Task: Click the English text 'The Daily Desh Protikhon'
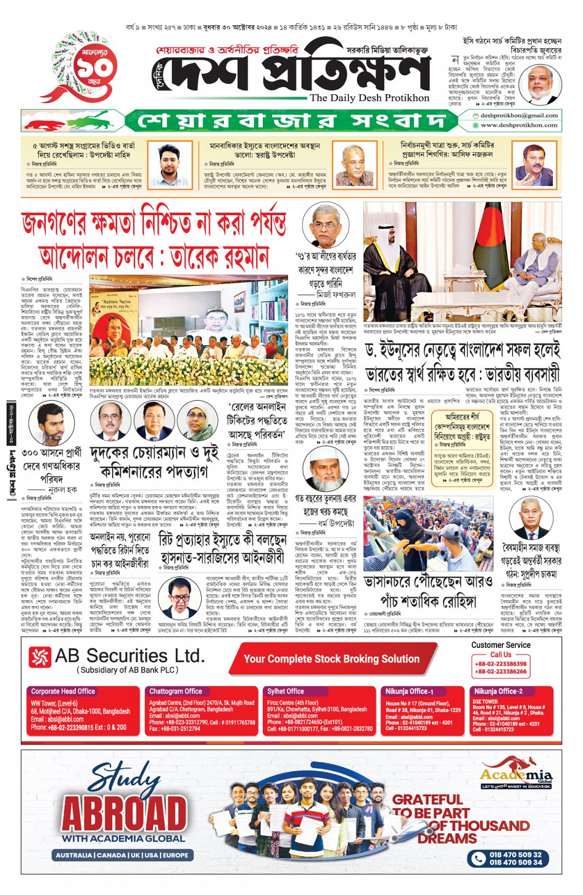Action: pos(370,98)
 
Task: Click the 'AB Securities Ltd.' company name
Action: pos(129,656)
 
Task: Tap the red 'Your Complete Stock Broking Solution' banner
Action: pos(331,659)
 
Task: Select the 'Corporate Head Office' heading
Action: pos(63,691)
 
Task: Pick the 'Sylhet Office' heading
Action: pos(285,691)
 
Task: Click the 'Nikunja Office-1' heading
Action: pos(410,691)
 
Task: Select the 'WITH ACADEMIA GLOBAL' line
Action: pos(123,838)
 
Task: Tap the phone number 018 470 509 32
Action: pos(516,854)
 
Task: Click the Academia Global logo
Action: pos(516,773)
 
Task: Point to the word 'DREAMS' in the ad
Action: pos(447,838)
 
